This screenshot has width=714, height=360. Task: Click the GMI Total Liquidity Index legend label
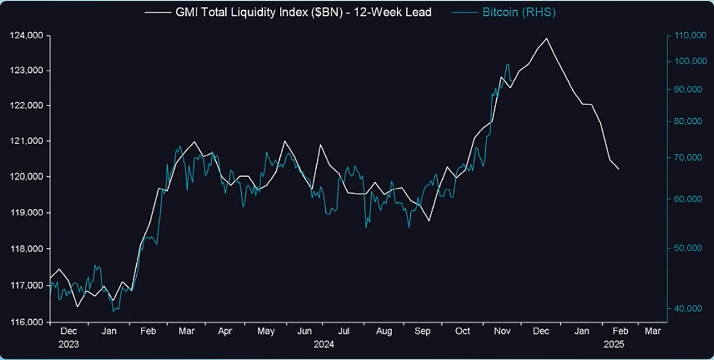pos(303,12)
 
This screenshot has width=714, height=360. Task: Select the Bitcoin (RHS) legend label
pos(519,12)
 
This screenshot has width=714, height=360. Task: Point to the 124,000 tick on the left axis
pos(27,36)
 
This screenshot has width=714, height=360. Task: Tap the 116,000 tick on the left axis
pos(27,322)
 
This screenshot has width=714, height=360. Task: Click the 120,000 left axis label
pos(27,177)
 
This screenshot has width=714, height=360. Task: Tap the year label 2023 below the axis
pos(68,344)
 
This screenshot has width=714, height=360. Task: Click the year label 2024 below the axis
pos(324,344)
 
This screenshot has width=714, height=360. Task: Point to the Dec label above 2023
pos(68,331)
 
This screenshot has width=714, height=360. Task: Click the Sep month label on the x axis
pos(422,331)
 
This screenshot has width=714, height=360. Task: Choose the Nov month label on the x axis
pos(502,331)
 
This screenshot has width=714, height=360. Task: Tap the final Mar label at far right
pos(653,331)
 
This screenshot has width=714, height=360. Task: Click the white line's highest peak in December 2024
pos(547,39)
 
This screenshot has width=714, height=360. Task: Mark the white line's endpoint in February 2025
pos(619,169)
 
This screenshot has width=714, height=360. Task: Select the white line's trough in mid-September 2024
pos(429,221)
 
